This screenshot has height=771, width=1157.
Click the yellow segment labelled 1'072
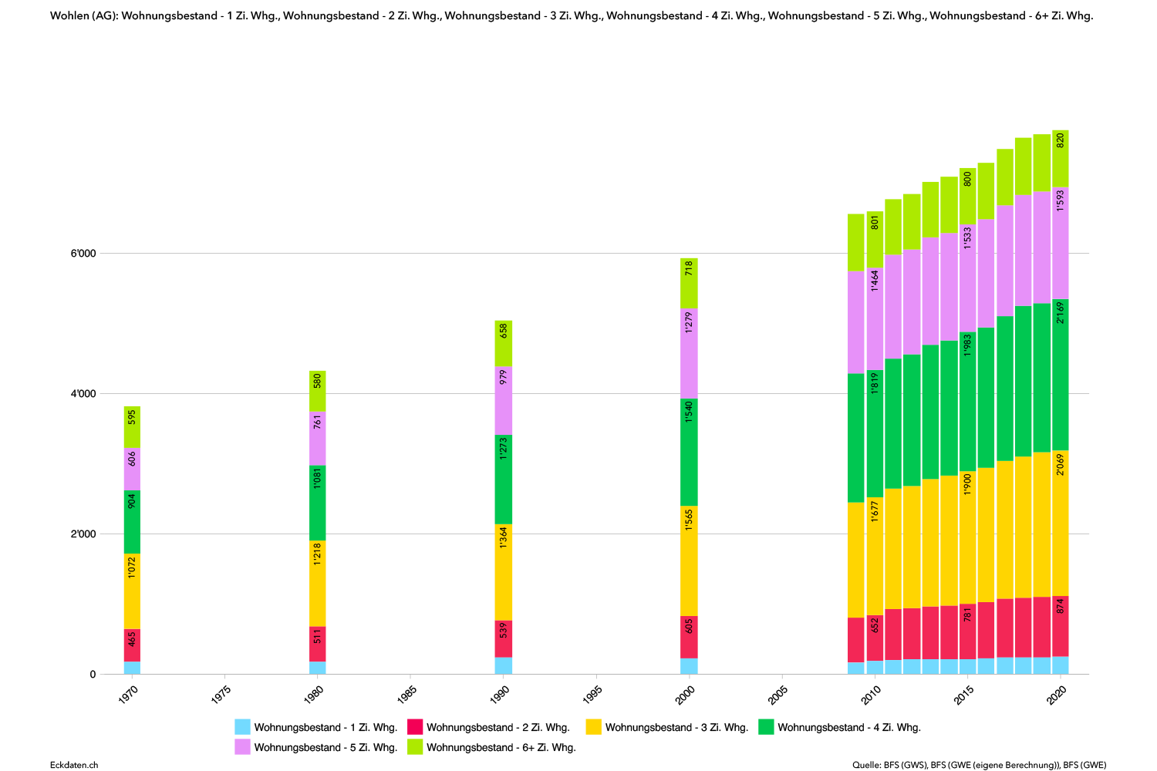tap(132, 591)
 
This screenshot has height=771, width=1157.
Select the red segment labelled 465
tap(132, 645)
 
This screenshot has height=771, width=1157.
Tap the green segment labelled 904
tap(132, 522)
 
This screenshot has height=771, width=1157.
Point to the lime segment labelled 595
tap(132, 426)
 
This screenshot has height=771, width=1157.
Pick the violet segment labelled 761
tap(318, 438)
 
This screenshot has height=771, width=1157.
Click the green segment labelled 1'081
tap(318, 503)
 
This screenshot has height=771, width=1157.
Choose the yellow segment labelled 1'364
tap(504, 572)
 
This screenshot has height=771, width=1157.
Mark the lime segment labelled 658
tap(504, 343)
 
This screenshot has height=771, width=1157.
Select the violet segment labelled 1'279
tap(689, 353)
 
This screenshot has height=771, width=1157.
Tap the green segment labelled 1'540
tap(689, 452)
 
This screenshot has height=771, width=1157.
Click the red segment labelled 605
tap(689, 637)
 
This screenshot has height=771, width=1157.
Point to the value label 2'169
tap(1061, 312)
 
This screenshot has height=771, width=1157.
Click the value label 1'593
tap(1061, 200)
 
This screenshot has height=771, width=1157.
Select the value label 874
tap(1061, 606)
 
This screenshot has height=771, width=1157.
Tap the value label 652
tap(875, 625)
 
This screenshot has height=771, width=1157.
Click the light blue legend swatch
tap(242, 726)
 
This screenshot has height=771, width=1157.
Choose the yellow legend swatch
tap(593, 726)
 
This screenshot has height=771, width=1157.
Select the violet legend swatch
tap(242, 746)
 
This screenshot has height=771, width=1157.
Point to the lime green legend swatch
tap(415, 746)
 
